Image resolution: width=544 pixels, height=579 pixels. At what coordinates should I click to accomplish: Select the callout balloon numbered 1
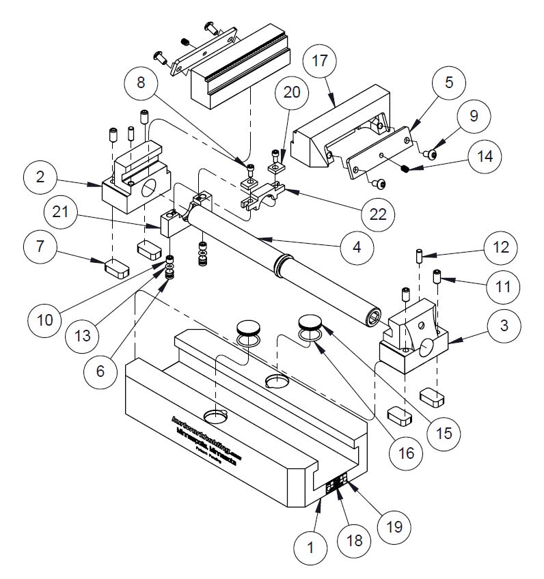312,546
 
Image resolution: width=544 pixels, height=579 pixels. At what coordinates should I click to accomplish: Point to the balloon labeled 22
377,214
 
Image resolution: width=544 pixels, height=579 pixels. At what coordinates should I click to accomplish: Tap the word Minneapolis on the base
195,434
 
